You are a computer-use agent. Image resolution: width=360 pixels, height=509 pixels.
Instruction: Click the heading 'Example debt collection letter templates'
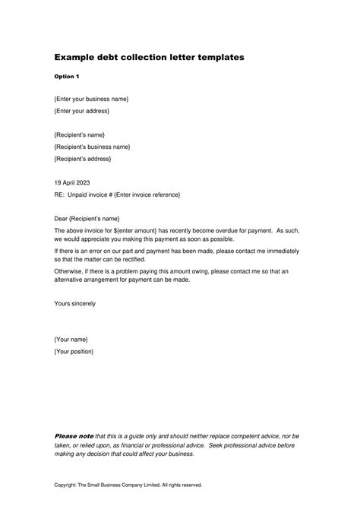pos(149,58)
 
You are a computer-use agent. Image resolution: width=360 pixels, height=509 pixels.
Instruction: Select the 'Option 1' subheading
pos(66,77)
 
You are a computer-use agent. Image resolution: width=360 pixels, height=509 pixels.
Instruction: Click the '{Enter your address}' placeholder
pos(81,112)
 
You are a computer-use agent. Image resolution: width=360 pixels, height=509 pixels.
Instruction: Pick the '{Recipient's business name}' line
pos(92,147)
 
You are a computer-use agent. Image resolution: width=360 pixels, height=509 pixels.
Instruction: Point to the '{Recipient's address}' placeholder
pos(83,159)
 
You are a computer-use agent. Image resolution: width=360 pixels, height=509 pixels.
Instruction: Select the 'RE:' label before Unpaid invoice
pos(60,195)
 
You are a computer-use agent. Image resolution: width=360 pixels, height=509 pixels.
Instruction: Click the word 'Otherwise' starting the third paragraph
pos(71,270)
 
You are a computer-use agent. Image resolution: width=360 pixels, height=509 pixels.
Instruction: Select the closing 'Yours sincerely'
pos(75,303)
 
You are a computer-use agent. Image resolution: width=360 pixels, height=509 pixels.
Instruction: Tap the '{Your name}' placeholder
pos(71,339)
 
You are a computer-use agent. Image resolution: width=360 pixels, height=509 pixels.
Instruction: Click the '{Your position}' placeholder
pos(74,351)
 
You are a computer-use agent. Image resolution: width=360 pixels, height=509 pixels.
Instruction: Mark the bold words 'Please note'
pos(74,436)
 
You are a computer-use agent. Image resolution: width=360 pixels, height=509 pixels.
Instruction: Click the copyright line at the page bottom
pos(128,484)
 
